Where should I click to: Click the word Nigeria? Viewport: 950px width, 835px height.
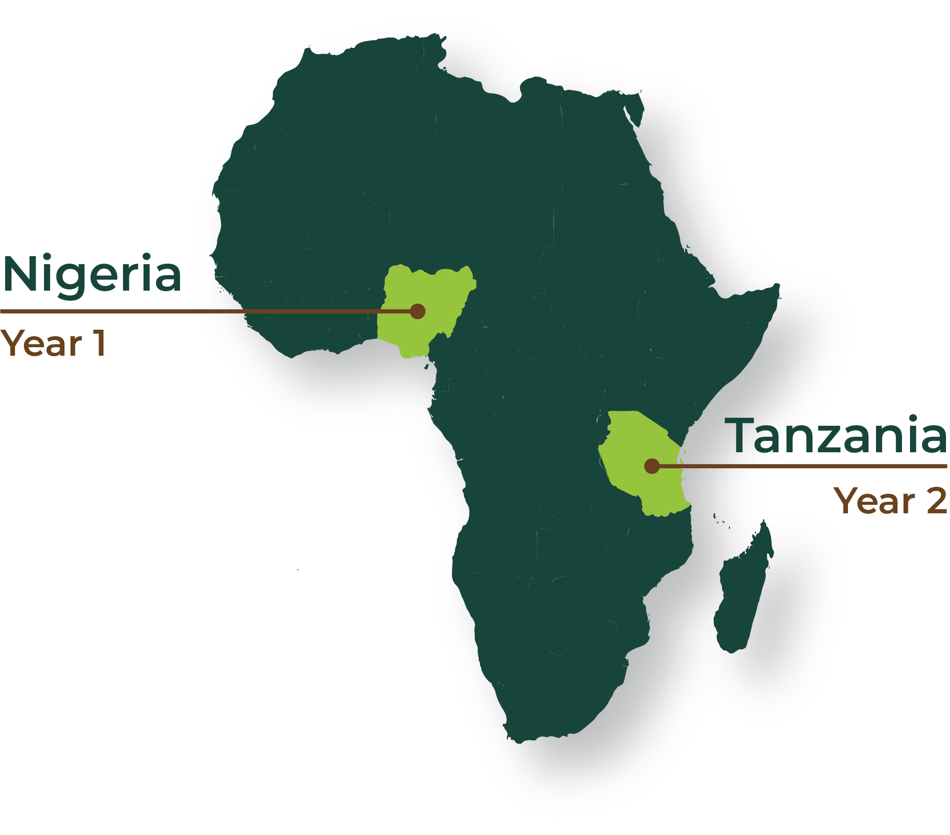pyautogui.click(x=91, y=275)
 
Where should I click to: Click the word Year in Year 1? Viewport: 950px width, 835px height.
pyautogui.click(x=41, y=343)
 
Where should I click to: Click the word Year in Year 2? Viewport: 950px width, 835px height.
pyautogui.click(x=874, y=500)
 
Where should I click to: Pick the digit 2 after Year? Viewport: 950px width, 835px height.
pyautogui.click(x=936, y=500)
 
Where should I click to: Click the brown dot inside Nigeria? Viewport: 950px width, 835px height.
pyautogui.click(x=417, y=311)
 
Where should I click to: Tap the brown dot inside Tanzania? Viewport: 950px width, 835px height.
pyautogui.click(x=651, y=466)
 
